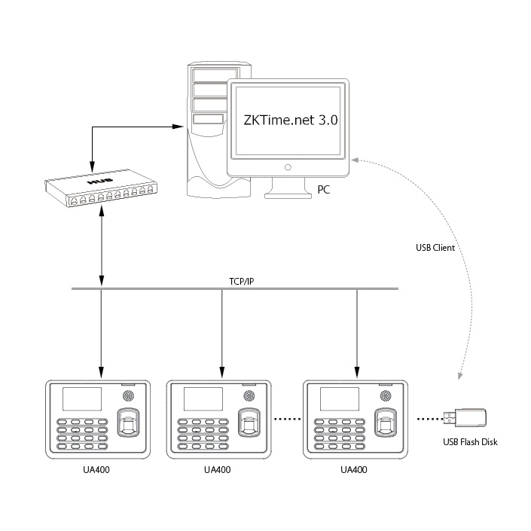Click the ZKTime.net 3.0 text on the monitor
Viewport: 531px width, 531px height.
pyautogui.click(x=291, y=120)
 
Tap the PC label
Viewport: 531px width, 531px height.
pyautogui.click(x=323, y=190)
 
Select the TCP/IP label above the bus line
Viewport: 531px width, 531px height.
pyautogui.click(x=242, y=282)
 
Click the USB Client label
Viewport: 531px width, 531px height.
pyautogui.click(x=435, y=248)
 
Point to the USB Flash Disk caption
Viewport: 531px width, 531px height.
pyautogui.click(x=470, y=442)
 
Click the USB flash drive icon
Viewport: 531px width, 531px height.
pyautogui.click(x=465, y=418)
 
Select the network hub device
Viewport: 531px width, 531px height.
pyautogui.click(x=101, y=188)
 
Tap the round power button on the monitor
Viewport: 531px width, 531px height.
pyautogui.click(x=288, y=167)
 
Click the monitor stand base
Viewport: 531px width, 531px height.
pyautogui.click(x=288, y=195)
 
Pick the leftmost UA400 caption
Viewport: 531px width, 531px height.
pyautogui.click(x=96, y=470)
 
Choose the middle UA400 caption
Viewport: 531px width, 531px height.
pyautogui.click(x=217, y=470)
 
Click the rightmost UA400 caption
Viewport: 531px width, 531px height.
pyautogui.click(x=353, y=470)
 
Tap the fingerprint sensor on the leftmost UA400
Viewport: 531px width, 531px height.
pyautogui.click(x=129, y=423)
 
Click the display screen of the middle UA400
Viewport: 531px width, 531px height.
pyautogui.click(x=203, y=399)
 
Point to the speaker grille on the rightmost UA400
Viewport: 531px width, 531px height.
pyautogui.click(x=386, y=395)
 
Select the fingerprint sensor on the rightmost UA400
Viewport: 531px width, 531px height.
pyautogui.click(x=386, y=423)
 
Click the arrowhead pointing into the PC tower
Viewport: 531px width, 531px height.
pyautogui.click(x=178, y=127)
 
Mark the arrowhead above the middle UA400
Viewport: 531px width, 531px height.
pyautogui.click(x=221, y=372)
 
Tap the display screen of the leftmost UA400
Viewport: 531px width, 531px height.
pyautogui.click(x=82, y=399)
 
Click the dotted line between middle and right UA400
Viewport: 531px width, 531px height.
pyautogui.click(x=287, y=419)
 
